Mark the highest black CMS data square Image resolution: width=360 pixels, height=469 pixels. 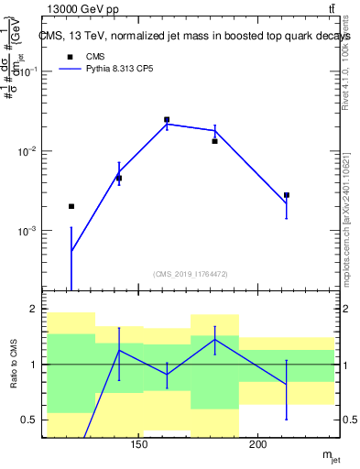click(x=167, y=120)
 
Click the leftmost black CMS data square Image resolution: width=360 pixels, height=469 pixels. click(x=71, y=206)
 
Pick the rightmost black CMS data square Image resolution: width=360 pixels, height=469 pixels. click(x=287, y=195)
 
